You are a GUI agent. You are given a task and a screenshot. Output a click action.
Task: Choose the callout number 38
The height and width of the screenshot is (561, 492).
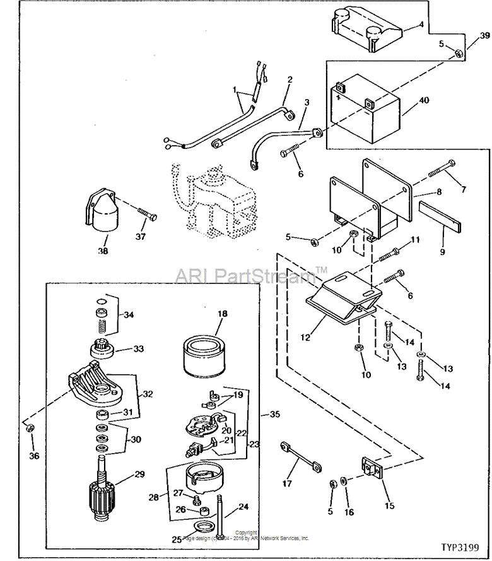coord(102,251)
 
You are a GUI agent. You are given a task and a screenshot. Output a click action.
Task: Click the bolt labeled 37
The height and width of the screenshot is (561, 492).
coord(146,216)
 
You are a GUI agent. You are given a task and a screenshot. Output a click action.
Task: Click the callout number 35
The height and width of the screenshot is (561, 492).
coord(274,415)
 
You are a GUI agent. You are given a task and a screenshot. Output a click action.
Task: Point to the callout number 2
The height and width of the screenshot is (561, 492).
coord(290,80)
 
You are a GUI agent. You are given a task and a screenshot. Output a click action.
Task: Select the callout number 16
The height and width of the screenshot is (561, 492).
coord(349,513)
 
